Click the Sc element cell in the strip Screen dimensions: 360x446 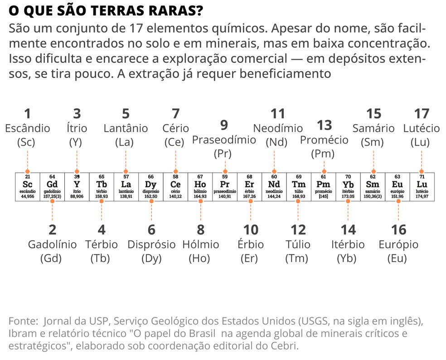click(x=28, y=185)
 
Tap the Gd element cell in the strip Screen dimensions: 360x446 click(x=52, y=185)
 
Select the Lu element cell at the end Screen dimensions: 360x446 click(x=422, y=185)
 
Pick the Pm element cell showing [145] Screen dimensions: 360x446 click(x=323, y=185)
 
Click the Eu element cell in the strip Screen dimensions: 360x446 click(x=398, y=185)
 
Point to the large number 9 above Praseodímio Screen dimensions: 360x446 click(x=224, y=125)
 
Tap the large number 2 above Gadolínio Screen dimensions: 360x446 click(x=53, y=229)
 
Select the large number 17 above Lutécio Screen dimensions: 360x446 click(x=422, y=113)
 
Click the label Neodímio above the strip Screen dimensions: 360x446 click(x=277, y=128)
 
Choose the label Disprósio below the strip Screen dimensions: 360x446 click(x=151, y=245)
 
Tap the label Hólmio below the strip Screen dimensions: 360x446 click(x=200, y=245)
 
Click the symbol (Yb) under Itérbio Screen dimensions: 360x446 click(x=348, y=259)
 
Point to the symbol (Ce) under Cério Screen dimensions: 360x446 click(x=175, y=142)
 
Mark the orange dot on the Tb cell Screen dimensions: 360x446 click(x=101, y=200)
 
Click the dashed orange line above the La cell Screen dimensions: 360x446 click(x=126, y=161)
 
